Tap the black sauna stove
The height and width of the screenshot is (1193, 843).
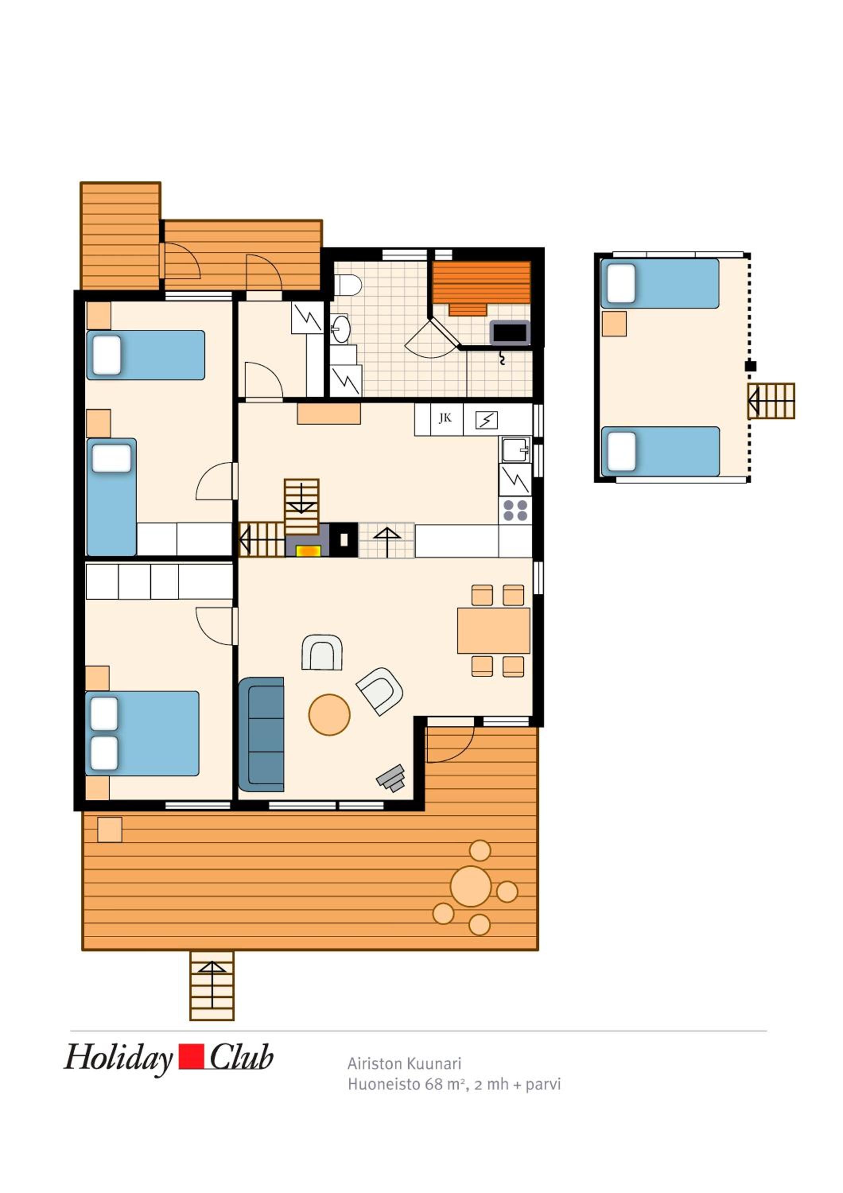point(509,332)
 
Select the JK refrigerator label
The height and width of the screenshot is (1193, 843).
point(445,418)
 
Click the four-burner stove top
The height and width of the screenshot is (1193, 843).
point(515,510)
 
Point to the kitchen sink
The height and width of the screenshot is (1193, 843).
point(515,449)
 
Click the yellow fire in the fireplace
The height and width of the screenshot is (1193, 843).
point(308,550)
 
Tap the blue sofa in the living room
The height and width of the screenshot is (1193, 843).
point(261,734)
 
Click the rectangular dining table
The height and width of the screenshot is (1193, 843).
point(493,630)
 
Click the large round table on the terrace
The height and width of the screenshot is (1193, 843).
point(470,886)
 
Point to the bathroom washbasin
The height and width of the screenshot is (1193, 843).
point(341,328)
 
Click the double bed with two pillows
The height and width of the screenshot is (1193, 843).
point(142,733)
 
